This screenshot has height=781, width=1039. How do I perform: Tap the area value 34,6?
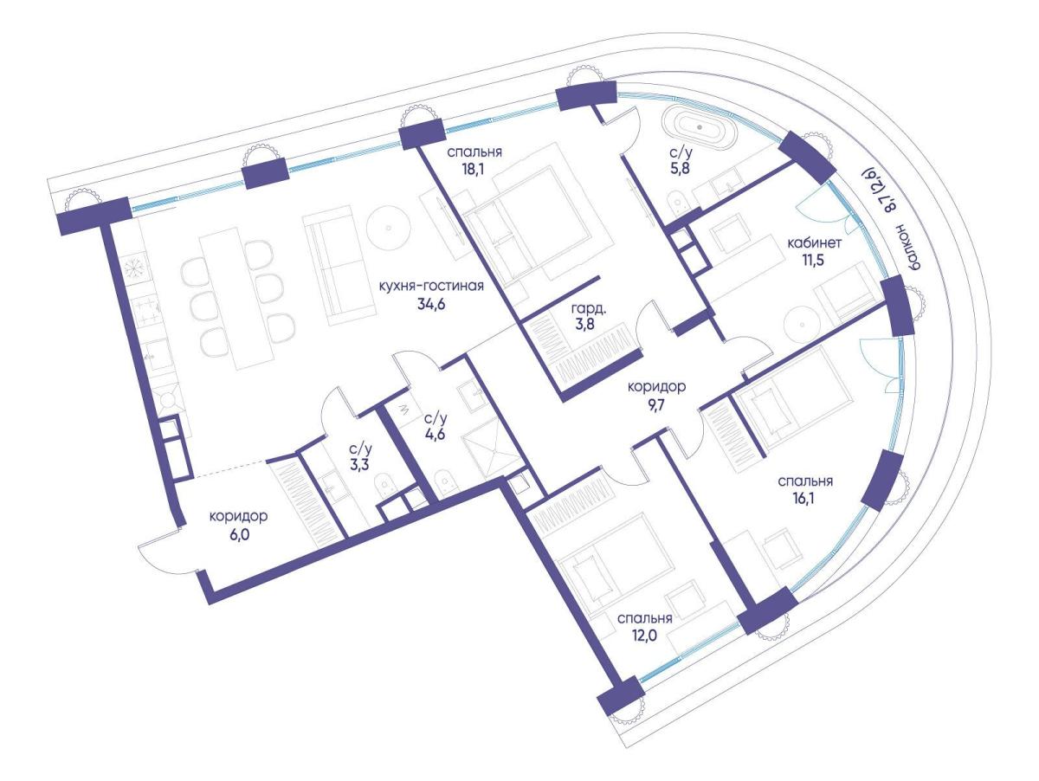(430, 303)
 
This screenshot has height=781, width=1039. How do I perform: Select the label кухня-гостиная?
(430, 287)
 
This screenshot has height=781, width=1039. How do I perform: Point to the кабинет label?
(815, 243)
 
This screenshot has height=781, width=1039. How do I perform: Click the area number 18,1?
(474, 170)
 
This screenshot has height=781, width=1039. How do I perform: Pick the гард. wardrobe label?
(589, 309)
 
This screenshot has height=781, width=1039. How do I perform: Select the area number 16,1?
(805, 499)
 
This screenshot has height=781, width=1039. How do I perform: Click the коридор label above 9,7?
(656, 387)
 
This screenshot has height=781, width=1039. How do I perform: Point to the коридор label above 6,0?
(239, 516)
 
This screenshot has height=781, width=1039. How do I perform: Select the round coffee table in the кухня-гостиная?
(388, 228)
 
